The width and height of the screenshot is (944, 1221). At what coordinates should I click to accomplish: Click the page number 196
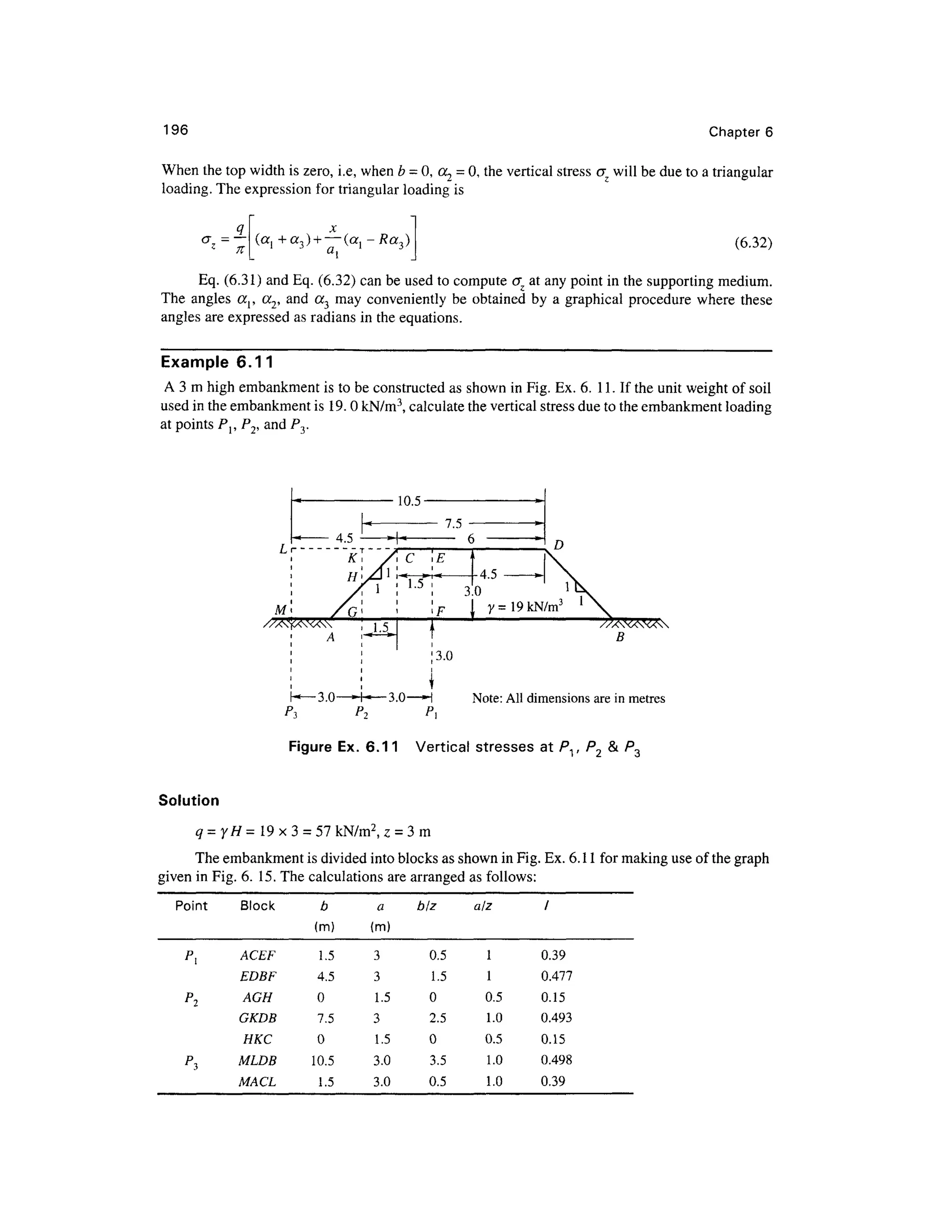click(175, 130)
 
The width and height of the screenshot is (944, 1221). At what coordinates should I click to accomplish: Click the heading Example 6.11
click(217, 362)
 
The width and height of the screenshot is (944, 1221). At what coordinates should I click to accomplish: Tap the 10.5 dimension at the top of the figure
click(408, 501)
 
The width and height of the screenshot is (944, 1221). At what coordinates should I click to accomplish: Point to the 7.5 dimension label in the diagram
click(454, 523)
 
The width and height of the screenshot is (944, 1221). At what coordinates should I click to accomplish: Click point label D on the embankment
click(559, 544)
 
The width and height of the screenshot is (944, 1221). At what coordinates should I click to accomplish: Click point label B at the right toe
click(619, 637)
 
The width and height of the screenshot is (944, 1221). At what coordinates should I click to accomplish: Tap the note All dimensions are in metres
click(568, 698)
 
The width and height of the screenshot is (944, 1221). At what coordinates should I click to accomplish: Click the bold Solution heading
click(189, 801)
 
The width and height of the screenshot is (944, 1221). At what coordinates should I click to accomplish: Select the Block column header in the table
click(257, 906)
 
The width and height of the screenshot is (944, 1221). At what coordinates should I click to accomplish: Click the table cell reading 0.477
click(556, 976)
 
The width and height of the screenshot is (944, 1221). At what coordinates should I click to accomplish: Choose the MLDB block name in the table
click(257, 1060)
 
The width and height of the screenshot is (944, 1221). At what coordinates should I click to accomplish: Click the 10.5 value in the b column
click(323, 1060)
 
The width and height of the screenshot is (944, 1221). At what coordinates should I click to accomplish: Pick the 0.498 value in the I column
click(556, 1060)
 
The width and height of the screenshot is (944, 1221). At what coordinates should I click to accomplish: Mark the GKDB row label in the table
click(257, 1018)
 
